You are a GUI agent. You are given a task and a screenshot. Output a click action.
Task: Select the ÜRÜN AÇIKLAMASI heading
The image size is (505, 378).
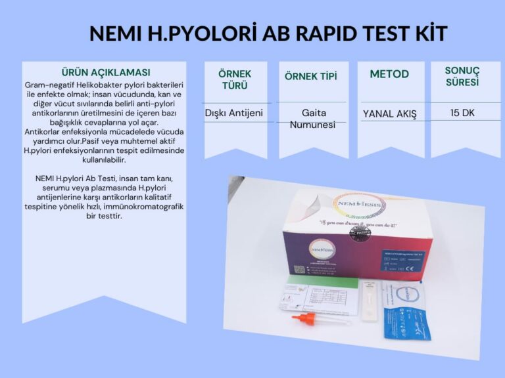(105, 72)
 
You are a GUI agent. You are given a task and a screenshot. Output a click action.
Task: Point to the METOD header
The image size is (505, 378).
(389, 73)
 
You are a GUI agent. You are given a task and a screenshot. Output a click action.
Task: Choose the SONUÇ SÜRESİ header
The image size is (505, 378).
(462, 76)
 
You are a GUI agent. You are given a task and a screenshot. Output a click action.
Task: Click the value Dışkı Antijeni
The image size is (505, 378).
(235, 113)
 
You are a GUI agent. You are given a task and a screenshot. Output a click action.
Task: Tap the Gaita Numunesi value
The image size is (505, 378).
(312, 118)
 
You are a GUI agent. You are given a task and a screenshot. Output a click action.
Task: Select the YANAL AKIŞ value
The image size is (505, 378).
(390, 114)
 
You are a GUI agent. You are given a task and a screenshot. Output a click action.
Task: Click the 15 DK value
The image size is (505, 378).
(463, 113)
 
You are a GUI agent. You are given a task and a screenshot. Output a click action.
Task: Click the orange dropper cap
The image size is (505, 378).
(304, 320)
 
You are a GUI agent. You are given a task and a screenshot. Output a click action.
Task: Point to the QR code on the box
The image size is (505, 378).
(299, 270)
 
